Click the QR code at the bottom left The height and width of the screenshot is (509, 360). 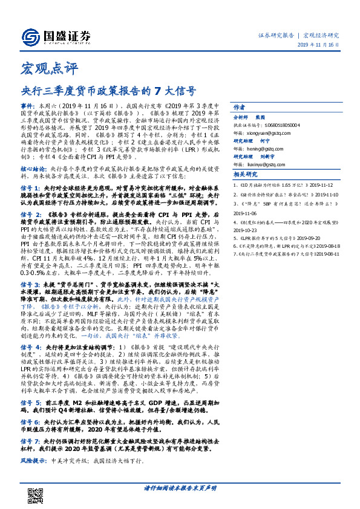click(x=36, y=489)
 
